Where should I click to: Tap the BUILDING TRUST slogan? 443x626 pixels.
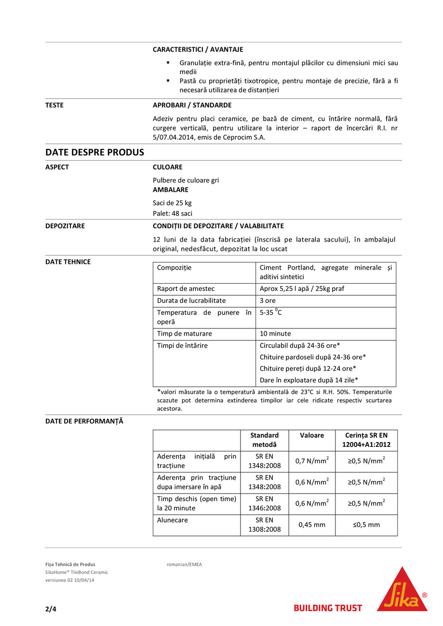(328, 608)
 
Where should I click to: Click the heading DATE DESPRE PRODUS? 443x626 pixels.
(94, 152)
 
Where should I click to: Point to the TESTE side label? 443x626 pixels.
(54, 105)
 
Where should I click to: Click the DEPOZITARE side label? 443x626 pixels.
(65, 226)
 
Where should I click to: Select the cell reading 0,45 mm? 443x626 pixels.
(312, 525)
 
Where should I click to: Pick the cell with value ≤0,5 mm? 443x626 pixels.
(366, 525)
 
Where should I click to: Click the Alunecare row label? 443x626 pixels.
(173, 521)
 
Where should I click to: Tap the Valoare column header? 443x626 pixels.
(312, 435)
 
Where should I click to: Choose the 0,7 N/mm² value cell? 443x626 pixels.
(312, 461)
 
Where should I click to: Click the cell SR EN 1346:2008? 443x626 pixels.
(264, 504)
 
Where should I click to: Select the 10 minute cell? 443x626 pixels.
(275, 334)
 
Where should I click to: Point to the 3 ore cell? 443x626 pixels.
(268, 300)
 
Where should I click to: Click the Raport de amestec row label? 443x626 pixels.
(186, 289)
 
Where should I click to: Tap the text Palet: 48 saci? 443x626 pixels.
(173, 213)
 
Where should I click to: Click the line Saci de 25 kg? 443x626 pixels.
(172, 203)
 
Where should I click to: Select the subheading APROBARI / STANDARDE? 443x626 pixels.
(192, 105)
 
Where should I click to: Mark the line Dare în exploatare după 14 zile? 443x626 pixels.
(309, 380)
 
